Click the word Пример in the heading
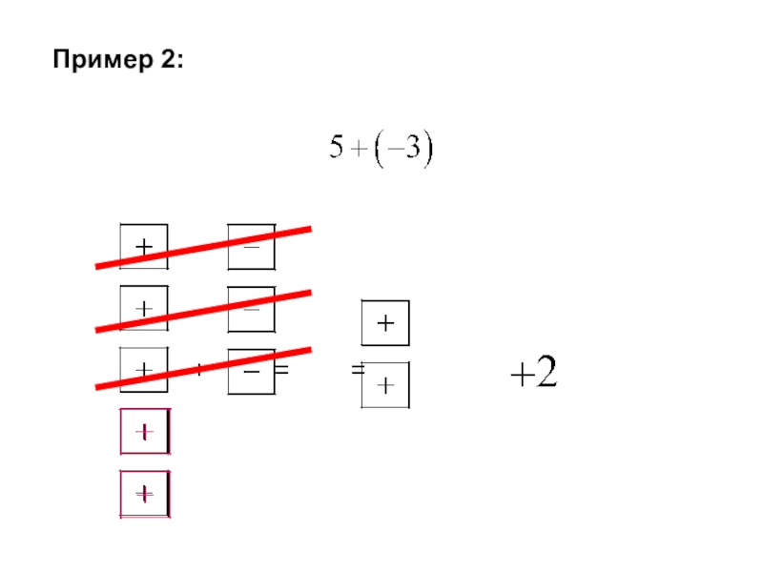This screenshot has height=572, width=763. [96, 61]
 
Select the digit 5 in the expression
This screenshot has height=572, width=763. [337, 151]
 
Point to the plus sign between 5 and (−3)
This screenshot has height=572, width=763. [360, 152]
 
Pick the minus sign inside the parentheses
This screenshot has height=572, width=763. [394, 152]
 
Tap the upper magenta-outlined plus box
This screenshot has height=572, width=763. [144, 432]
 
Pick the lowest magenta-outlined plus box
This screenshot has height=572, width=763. [144, 494]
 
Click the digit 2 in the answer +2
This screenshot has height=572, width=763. [546, 374]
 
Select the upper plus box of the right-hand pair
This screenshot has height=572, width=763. [385, 324]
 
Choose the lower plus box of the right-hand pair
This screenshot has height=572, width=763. [385, 385]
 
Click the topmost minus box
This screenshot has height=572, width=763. [251, 245]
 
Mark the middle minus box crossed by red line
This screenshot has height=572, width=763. [251, 309]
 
